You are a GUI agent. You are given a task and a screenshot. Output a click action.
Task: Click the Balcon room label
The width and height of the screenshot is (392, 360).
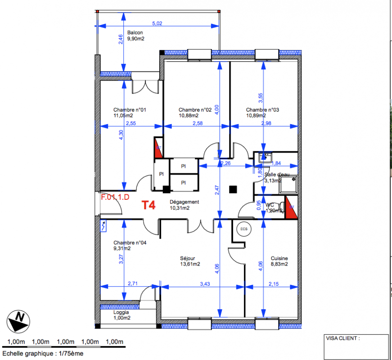(x=135, y=32)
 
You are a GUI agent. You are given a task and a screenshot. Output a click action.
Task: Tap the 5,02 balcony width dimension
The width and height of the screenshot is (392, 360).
(x=157, y=23)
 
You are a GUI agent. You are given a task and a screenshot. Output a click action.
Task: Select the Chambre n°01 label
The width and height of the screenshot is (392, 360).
(x=130, y=110)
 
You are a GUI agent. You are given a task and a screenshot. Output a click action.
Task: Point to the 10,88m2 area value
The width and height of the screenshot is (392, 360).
(x=189, y=116)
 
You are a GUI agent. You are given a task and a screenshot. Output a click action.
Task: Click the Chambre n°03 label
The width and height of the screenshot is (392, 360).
(x=262, y=110)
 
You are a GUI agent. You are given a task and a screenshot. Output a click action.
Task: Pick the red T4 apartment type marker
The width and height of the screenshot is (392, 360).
(x=149, y=205)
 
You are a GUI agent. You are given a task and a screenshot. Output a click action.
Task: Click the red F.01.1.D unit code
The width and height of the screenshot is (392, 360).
(x=115, y=197)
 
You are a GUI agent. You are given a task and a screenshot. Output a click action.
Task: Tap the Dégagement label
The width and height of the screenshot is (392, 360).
(x=184, y=202)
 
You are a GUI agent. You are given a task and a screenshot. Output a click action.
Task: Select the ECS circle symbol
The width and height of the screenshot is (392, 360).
(x=244, y=229)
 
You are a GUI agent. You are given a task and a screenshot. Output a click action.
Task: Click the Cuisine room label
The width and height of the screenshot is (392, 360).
(x=279, y=258)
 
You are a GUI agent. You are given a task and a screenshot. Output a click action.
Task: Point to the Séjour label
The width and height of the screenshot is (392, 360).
(x=188, y=258)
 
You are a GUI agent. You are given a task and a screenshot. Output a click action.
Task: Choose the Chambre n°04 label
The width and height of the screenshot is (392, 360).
(x=130, y=243)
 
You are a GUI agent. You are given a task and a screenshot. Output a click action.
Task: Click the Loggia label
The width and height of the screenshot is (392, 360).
(x=121, y=312)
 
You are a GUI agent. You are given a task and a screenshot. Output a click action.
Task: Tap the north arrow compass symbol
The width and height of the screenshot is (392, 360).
(x=18, y=321)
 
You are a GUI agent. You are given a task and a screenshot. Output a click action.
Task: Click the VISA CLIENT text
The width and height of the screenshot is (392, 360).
(x=343, y=338)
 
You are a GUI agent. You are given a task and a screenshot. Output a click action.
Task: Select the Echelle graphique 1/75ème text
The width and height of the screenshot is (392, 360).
(x=43, y=354)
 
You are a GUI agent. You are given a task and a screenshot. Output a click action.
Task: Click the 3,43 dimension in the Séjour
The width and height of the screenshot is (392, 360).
(x=205, y=284)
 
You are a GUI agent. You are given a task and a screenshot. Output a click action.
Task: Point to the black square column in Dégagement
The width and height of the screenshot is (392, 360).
(x=233, y=189)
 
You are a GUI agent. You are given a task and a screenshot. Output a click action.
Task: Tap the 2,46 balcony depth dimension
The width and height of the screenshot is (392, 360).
(x=121, y=40)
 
